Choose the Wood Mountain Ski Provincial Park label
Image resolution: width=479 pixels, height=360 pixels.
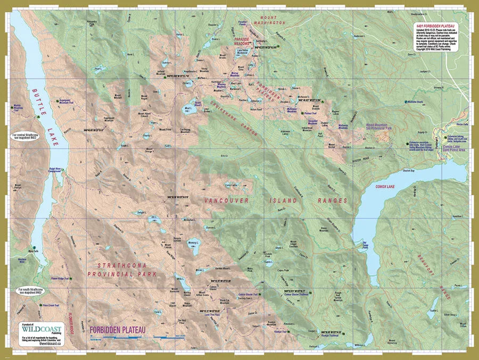point(386,128)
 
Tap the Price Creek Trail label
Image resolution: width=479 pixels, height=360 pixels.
point(54,306)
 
